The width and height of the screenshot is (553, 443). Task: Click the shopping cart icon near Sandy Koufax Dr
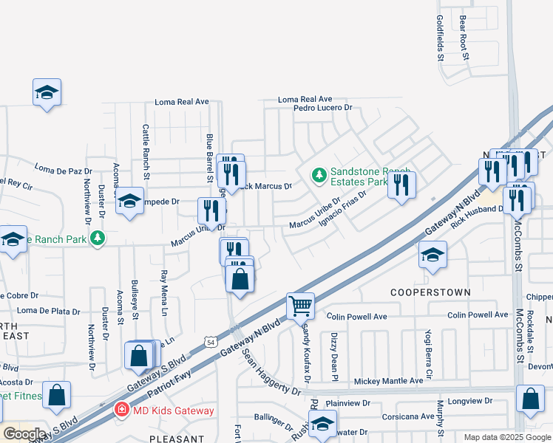pyautogui.click(x=300, y=305)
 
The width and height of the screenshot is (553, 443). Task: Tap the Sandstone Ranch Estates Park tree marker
pyautogui.click(x=319, y=175)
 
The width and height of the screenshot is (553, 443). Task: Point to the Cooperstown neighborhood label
pyautogui.click(x=431, y=292)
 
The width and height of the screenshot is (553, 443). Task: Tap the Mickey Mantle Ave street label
pyautogui.click(x=389, y=381)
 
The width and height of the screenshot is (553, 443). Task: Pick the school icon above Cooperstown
pyautogui.click(x=432, y=255)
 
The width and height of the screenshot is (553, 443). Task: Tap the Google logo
pyautogui.click(x=24, y=434)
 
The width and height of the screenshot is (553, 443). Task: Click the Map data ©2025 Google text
pyautogui.click(x=506, y=437)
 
